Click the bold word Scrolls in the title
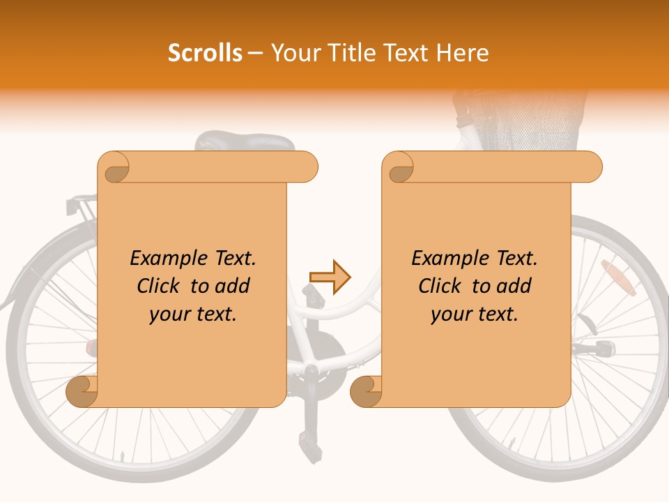click(x=206, y=53)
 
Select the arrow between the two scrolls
click(x=330, y=277)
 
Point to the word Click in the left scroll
click(x=160, y=286)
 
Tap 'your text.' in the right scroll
click(x=475, y=314)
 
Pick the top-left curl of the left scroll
click(x=114, y=168)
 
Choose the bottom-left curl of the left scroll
click(x=82, y=391)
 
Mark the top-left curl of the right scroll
click(x=398, y=168)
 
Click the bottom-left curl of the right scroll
click(x=367, y=391)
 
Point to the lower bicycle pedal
click(x=307, y=439)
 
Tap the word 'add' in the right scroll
click(x=514, y=286)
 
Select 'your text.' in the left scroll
click(x=193, y=314)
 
